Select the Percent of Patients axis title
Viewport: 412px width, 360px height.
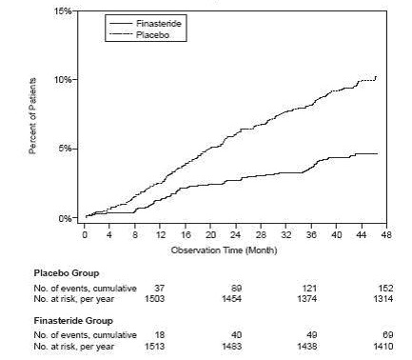(x=34, y=114)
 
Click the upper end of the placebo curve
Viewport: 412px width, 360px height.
(x=377, y=76)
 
